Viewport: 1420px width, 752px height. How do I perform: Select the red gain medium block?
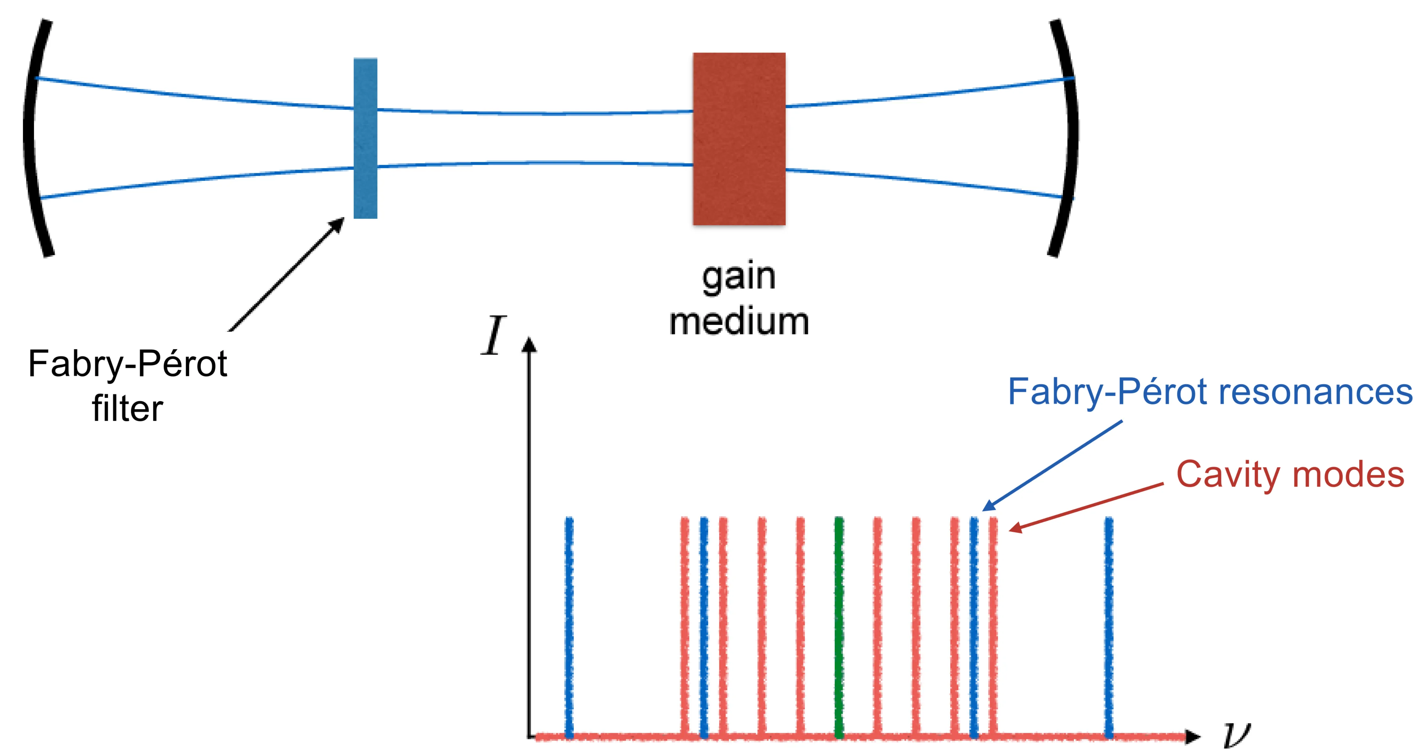[x=739, y=139]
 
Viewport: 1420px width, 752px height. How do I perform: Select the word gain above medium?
[x=739, y=277]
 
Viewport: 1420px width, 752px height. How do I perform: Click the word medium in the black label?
[x=739, y=322]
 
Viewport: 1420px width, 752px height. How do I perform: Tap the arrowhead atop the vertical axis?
[x=529, y=344]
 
